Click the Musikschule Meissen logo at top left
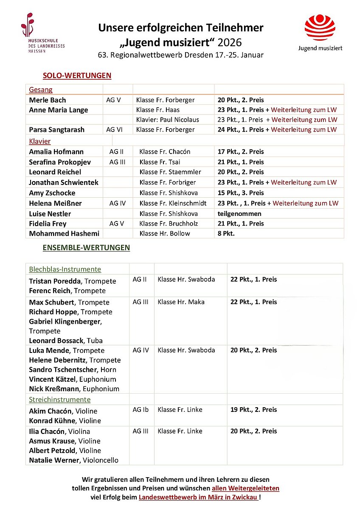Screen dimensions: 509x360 pos(42,33)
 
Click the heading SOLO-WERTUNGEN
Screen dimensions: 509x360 pos(77,76)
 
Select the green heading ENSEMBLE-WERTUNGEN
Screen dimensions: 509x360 pos(86,248)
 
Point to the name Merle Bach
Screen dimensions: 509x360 pos(48,100)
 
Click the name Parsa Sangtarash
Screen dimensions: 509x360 pos(56,129)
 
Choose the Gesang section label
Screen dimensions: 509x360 pos(41,90)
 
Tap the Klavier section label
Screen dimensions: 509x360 pos(40,141)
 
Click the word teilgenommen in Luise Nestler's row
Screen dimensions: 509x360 pos(239,213)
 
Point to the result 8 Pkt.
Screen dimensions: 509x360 pos(226,233)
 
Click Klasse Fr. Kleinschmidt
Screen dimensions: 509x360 pos(173,203)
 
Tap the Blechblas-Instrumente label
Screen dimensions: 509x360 pos(65,269)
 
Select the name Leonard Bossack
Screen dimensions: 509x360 pos(56,341)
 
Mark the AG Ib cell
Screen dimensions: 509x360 pos(140,410)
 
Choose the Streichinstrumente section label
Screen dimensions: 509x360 pos(60,400)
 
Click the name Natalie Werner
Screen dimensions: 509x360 pos(54,460)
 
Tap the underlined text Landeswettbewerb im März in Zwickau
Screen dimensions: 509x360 pos(198,497)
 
